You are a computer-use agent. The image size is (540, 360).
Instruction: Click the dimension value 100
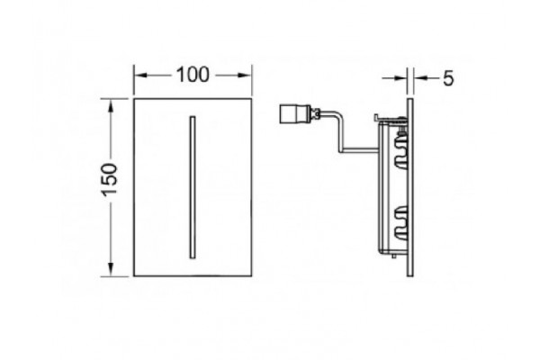(193, 75)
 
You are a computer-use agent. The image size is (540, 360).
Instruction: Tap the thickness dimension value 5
(448, 78)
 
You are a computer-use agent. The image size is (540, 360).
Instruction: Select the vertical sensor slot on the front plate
(193, 187)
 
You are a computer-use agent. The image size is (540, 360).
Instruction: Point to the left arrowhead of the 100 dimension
(140, 75)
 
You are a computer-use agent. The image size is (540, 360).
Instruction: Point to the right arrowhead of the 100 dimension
(245, 75)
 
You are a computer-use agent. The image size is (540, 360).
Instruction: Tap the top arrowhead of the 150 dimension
(111, 105)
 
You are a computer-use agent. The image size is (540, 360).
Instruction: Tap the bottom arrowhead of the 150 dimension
(111, 269)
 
